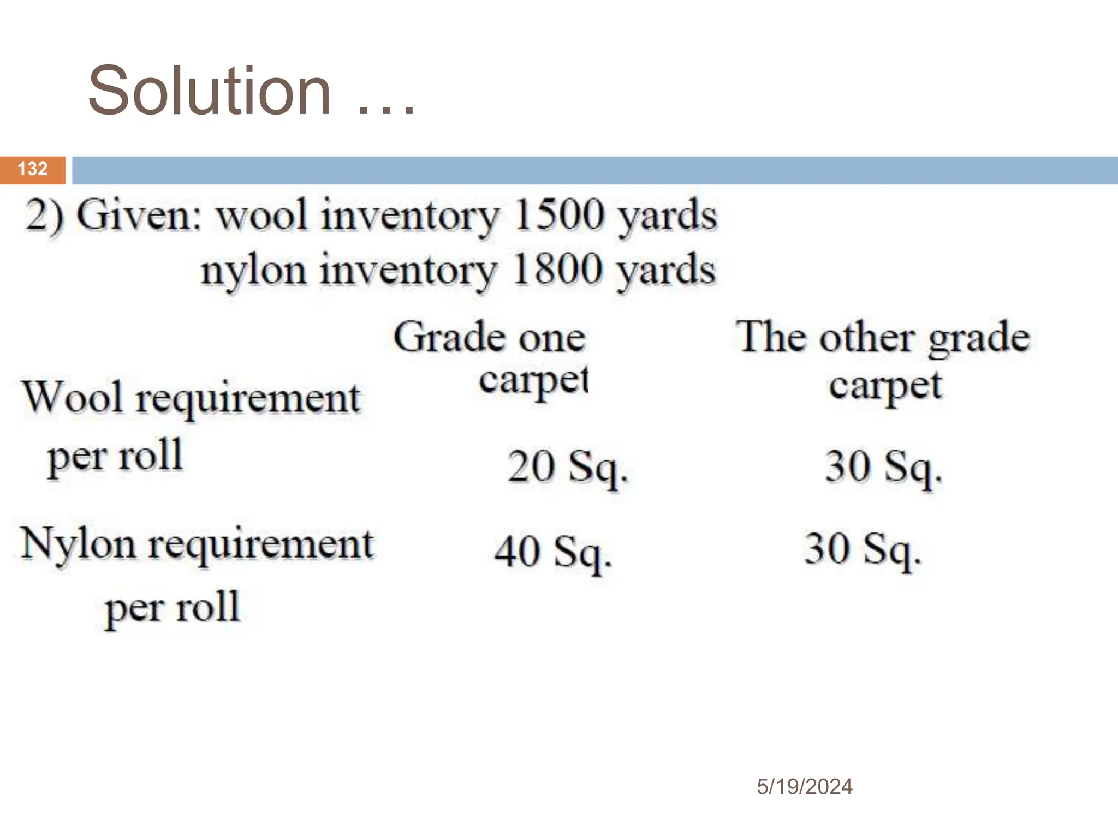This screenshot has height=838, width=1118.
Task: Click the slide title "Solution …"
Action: click(x=251, y=91)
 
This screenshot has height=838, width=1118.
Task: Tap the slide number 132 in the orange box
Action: click(x=33, y=169)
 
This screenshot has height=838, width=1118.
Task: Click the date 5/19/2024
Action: click(x=804, y=787)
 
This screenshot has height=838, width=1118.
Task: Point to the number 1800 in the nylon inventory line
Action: click(x=559, y=270)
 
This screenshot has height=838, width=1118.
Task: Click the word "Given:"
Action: click(x=140, y=216)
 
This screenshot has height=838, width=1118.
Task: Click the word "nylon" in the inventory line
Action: click(x=253, y=271)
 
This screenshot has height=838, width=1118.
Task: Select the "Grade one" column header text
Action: click(x=489, y=338)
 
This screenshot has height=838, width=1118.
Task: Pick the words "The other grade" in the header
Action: click(x=883, y=338)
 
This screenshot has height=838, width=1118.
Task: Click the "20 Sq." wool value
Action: click(x=568, y=467)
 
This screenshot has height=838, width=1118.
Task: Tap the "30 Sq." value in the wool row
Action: click(x=883, y=467)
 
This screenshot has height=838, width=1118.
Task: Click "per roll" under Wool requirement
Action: click(x=115, y=457)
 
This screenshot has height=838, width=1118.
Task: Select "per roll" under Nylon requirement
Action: click(x=173, y=608)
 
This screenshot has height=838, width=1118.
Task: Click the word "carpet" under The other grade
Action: click(x=885, y=386)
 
